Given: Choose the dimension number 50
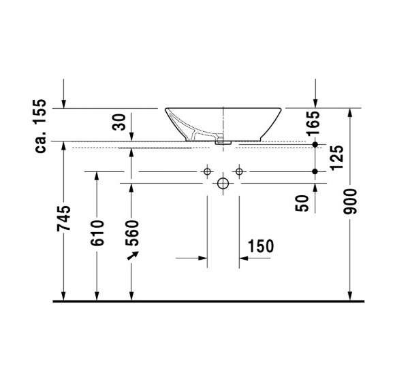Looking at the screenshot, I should (304, 201).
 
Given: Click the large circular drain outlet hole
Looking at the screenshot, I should (223, 184).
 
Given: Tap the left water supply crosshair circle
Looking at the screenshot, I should (207, 172).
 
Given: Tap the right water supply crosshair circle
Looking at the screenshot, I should (238, 172).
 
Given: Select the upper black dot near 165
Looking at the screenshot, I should (315, 145).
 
